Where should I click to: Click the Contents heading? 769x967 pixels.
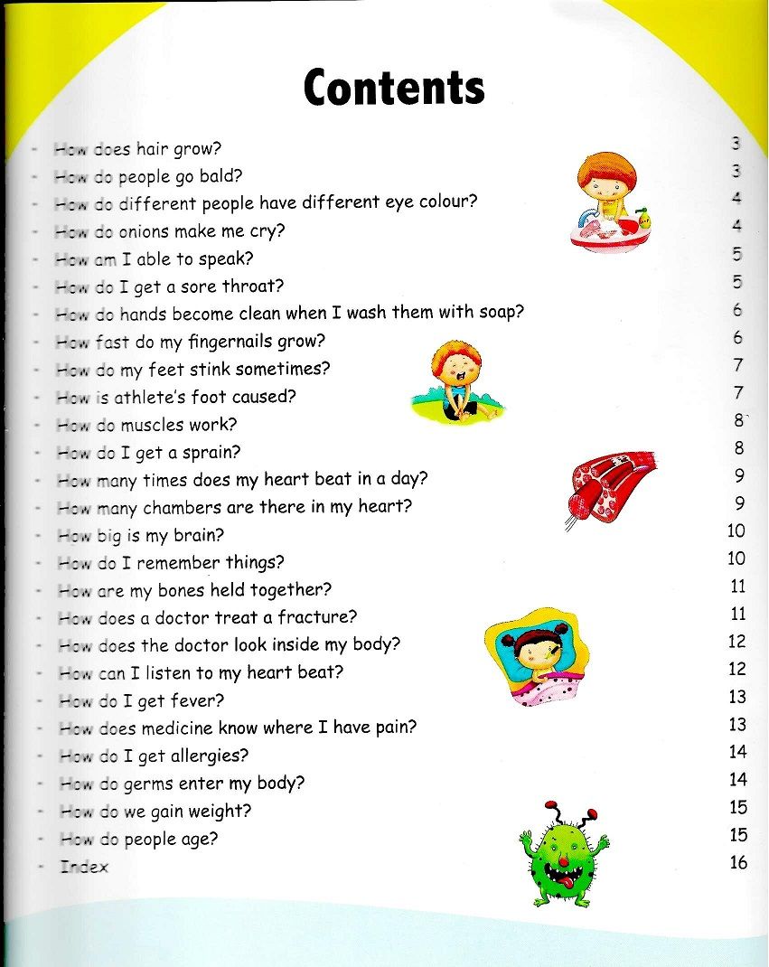394,88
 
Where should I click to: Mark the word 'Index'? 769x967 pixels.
84,867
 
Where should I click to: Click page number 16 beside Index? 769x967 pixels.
738,862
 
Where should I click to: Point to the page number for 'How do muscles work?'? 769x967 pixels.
738,420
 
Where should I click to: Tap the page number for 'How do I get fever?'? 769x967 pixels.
737,697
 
